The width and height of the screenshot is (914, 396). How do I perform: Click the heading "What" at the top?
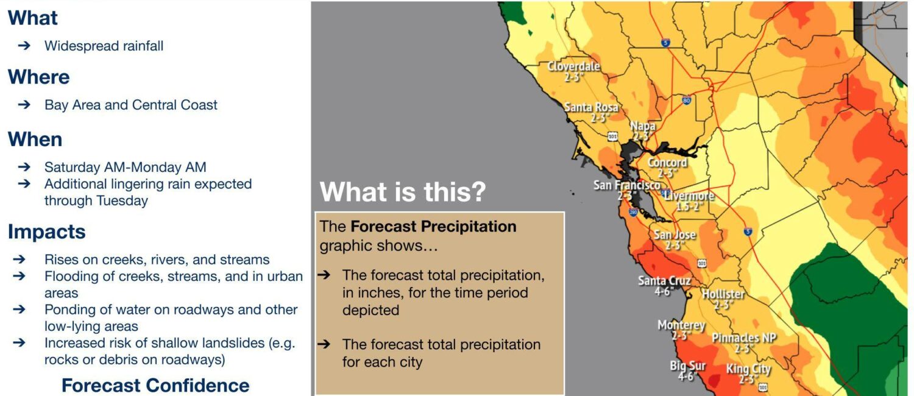pos(33,18)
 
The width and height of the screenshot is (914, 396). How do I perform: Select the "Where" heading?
pos(39,77)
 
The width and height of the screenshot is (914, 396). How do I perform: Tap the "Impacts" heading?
pos(46,232)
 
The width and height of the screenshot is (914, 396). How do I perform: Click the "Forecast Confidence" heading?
pos(155,386)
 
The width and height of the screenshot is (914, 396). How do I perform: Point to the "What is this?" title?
pos(403,191)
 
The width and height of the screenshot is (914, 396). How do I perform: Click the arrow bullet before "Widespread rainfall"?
pos(24,45)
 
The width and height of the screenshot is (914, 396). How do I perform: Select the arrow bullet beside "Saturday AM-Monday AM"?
pos(24,167)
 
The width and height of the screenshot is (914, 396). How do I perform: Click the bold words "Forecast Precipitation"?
pos(433,227)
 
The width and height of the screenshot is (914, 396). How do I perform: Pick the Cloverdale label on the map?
pos(573,66)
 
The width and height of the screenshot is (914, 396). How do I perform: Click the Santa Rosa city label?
pos(591,107)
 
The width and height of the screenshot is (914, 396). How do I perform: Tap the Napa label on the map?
pos(643,126)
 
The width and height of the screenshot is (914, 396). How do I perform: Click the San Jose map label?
pos(675,235)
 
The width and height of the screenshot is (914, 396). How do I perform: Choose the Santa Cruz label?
pos(664,281)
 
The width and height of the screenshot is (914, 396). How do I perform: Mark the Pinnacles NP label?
pos(744,338)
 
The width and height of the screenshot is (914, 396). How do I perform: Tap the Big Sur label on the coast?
pos(687,366)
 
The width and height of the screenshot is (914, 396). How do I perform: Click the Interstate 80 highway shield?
pos(687,100)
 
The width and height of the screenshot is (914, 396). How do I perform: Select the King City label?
pos(748,369)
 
